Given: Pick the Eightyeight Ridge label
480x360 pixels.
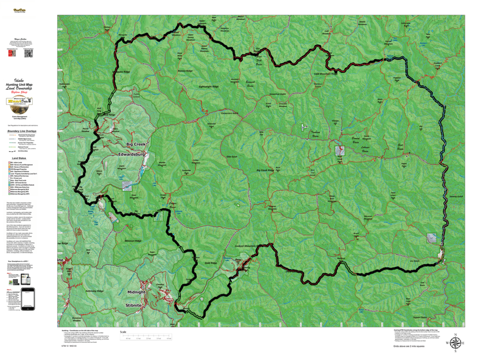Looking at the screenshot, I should coord(209,87).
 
